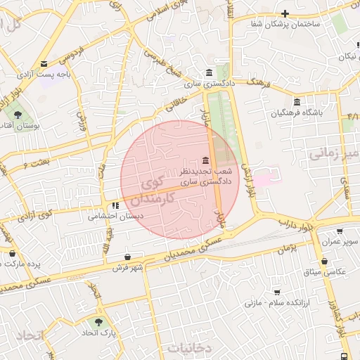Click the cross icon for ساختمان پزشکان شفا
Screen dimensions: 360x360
(x=285, y=13)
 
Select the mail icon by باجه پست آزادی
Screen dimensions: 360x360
(x=44, y=64)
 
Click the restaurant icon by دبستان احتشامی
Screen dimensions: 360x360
(x=115, y=205)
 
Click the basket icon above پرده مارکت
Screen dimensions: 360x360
(x=11, y=253)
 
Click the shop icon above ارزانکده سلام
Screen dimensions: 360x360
(x=277, y=292)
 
